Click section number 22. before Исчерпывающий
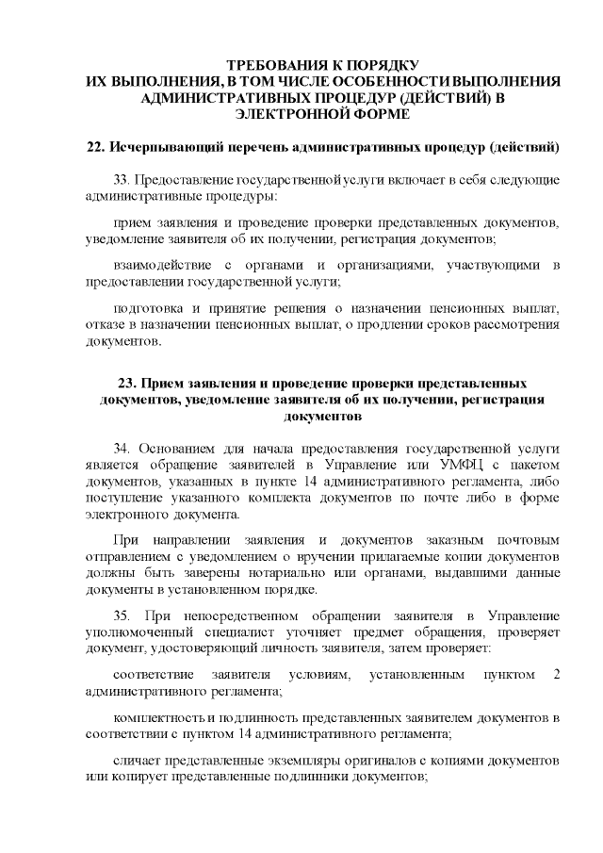[94, 148]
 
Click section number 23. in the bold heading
[128, 384]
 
